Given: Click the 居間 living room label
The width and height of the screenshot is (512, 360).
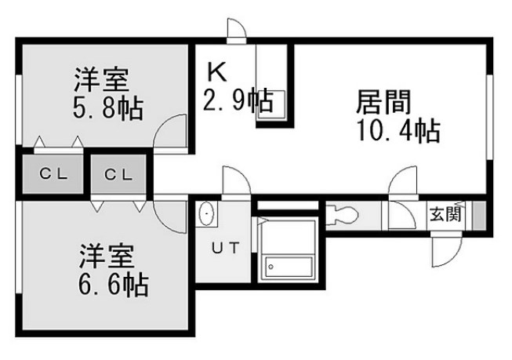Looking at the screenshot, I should (x=383, y=102).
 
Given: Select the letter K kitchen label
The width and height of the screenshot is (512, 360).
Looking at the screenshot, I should (x=216, y=72).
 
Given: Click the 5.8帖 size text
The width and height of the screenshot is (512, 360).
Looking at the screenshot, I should (x=107, y=108).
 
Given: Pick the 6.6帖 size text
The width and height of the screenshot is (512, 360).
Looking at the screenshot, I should (x=114, y=283).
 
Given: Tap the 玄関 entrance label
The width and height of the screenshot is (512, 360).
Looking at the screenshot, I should (x=445, y=213).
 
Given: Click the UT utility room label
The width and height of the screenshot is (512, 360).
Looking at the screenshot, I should (x=225, y=249).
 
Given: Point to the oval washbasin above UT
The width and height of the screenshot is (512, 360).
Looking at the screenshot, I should (x=206, y=213).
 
